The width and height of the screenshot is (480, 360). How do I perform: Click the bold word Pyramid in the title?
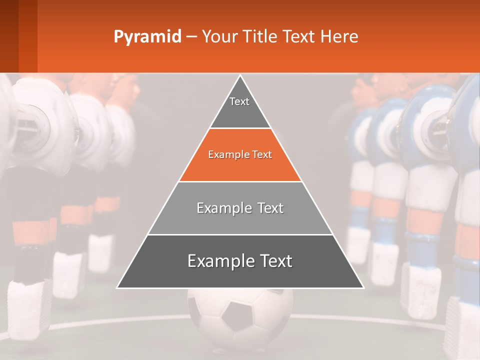tap(147, 36)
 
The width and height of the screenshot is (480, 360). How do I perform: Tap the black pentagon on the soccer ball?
tap(236, 315)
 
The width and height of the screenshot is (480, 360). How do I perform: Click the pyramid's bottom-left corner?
tap(117, 287)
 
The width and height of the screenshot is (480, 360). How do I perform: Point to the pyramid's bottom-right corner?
tap(363, 287)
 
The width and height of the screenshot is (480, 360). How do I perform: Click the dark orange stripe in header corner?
tap(27, 36)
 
